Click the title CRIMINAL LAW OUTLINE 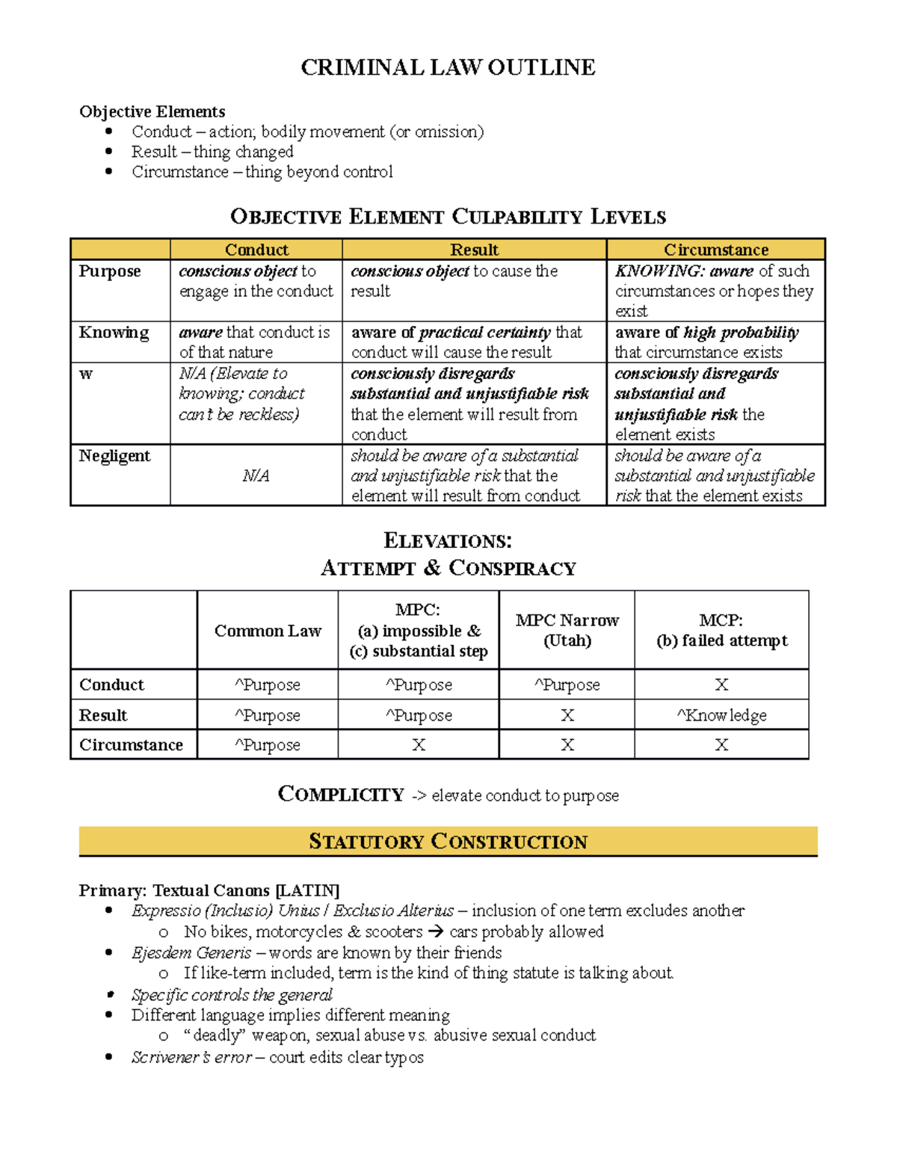448,67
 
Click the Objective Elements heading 152,111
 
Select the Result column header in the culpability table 474,250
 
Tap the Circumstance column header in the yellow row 715,250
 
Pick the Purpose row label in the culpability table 110,271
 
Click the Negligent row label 114,456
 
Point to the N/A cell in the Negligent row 256,475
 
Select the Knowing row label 114,333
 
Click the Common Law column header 268,631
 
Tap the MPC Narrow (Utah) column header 567,630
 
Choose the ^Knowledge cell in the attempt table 721,715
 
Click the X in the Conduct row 721,685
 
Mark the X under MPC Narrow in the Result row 567,715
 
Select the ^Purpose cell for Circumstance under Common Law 268,745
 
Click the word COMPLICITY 341,794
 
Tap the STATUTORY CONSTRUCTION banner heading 448,842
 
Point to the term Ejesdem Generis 191,952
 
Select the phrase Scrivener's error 191,1057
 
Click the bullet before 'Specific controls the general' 110,994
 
